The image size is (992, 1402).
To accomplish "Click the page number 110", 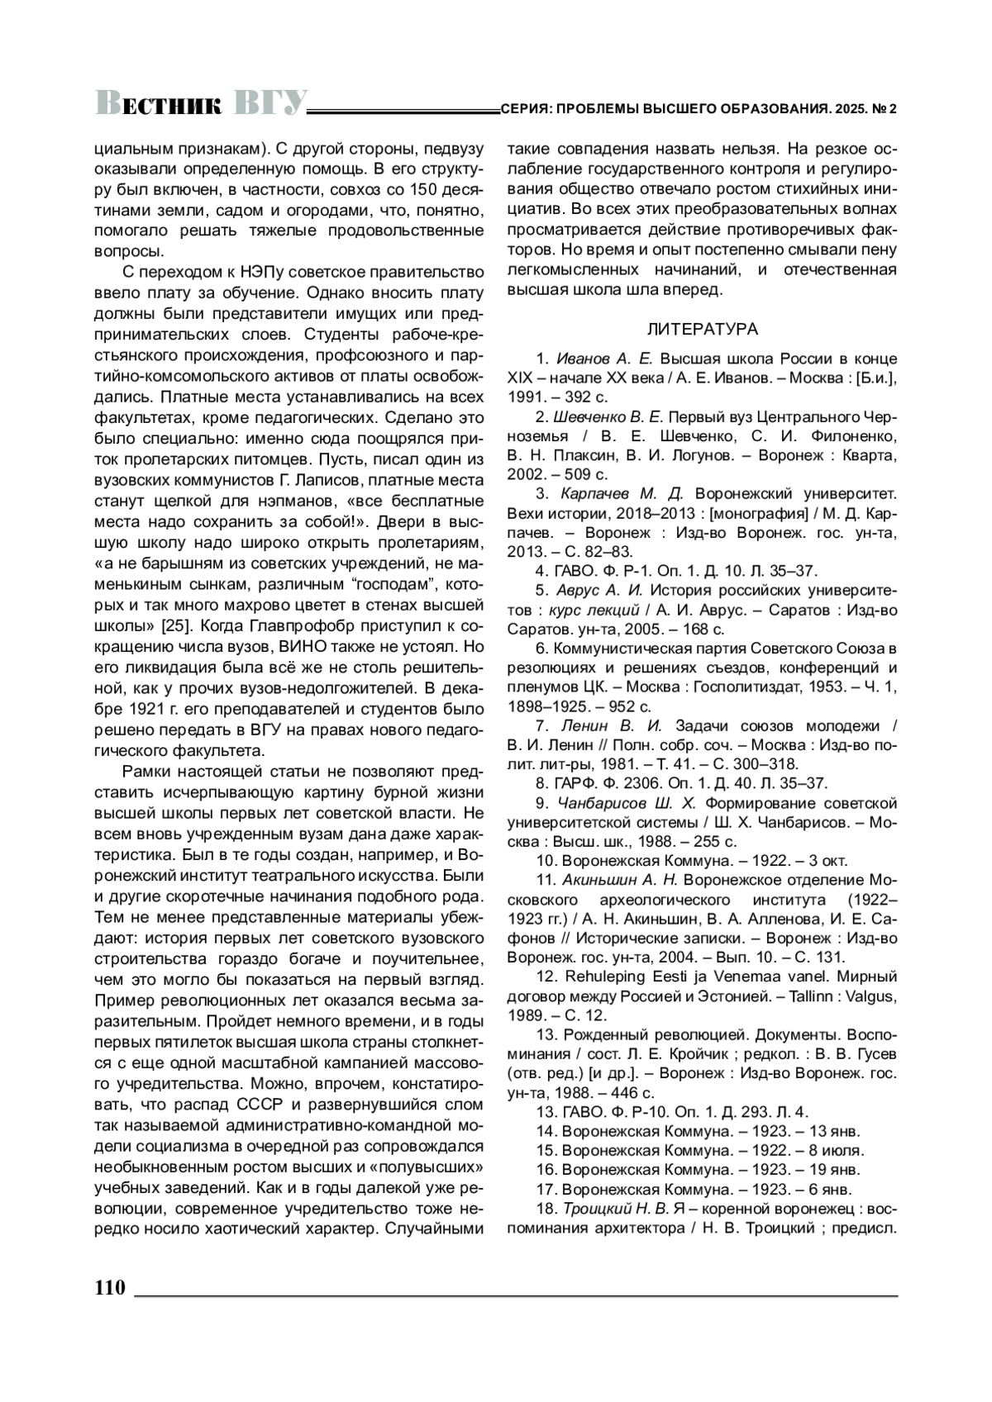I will (109, 1287).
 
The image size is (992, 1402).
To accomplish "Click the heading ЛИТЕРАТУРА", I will (702, 330).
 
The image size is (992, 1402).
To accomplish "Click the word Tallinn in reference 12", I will (799, 996).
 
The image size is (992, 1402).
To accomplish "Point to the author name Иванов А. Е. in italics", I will (605, 359).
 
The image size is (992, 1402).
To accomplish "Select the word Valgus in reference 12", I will (870, 996).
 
